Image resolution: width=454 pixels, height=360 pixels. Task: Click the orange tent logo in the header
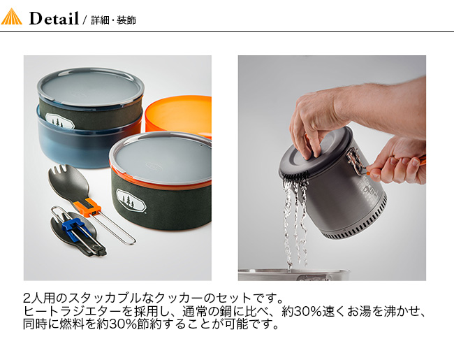11,17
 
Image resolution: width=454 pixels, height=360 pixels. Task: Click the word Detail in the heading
54,19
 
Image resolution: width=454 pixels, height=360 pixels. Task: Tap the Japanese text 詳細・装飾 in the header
113,20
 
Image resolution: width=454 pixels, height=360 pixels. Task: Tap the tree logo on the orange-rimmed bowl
131,201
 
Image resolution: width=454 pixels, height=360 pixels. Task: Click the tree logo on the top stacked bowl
60,120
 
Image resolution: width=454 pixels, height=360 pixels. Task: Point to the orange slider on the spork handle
87,207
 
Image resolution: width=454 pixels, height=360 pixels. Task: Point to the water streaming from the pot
295,220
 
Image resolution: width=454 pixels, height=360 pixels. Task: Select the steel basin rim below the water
294,273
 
